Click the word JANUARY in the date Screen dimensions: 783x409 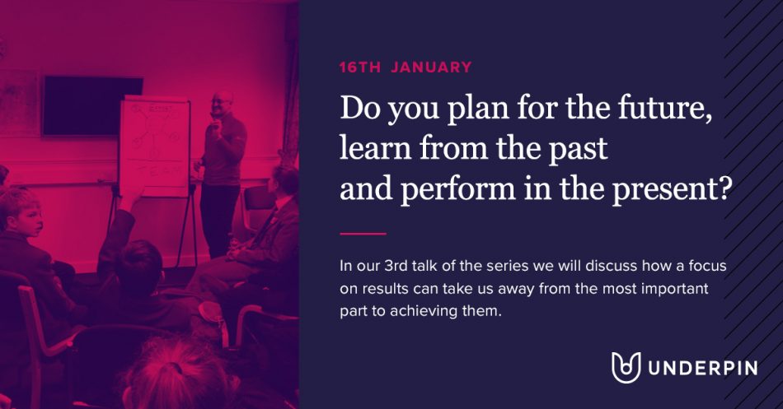pyautogui.click(x=431, y=67)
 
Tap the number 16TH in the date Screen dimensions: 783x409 pyautogui.click(x=360, y=67)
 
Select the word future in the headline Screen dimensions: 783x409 pyautogui.click(x=664, y=108)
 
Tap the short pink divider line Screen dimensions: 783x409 pyautogui.click(x=363, y=234)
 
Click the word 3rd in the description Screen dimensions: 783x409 pyautogui.click(x=396, y=266)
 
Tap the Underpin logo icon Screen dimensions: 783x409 pyautogui.click(x=626, y=368)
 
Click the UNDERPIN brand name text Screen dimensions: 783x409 pyautogui.click(x=702, y=368)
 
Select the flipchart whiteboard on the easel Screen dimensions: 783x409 pyautogui.click(x=154, y=146)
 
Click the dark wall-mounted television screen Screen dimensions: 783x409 pyautogui.click(x=92, y=105)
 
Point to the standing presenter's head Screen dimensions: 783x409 pyautogui.click(x=222, y=104)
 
